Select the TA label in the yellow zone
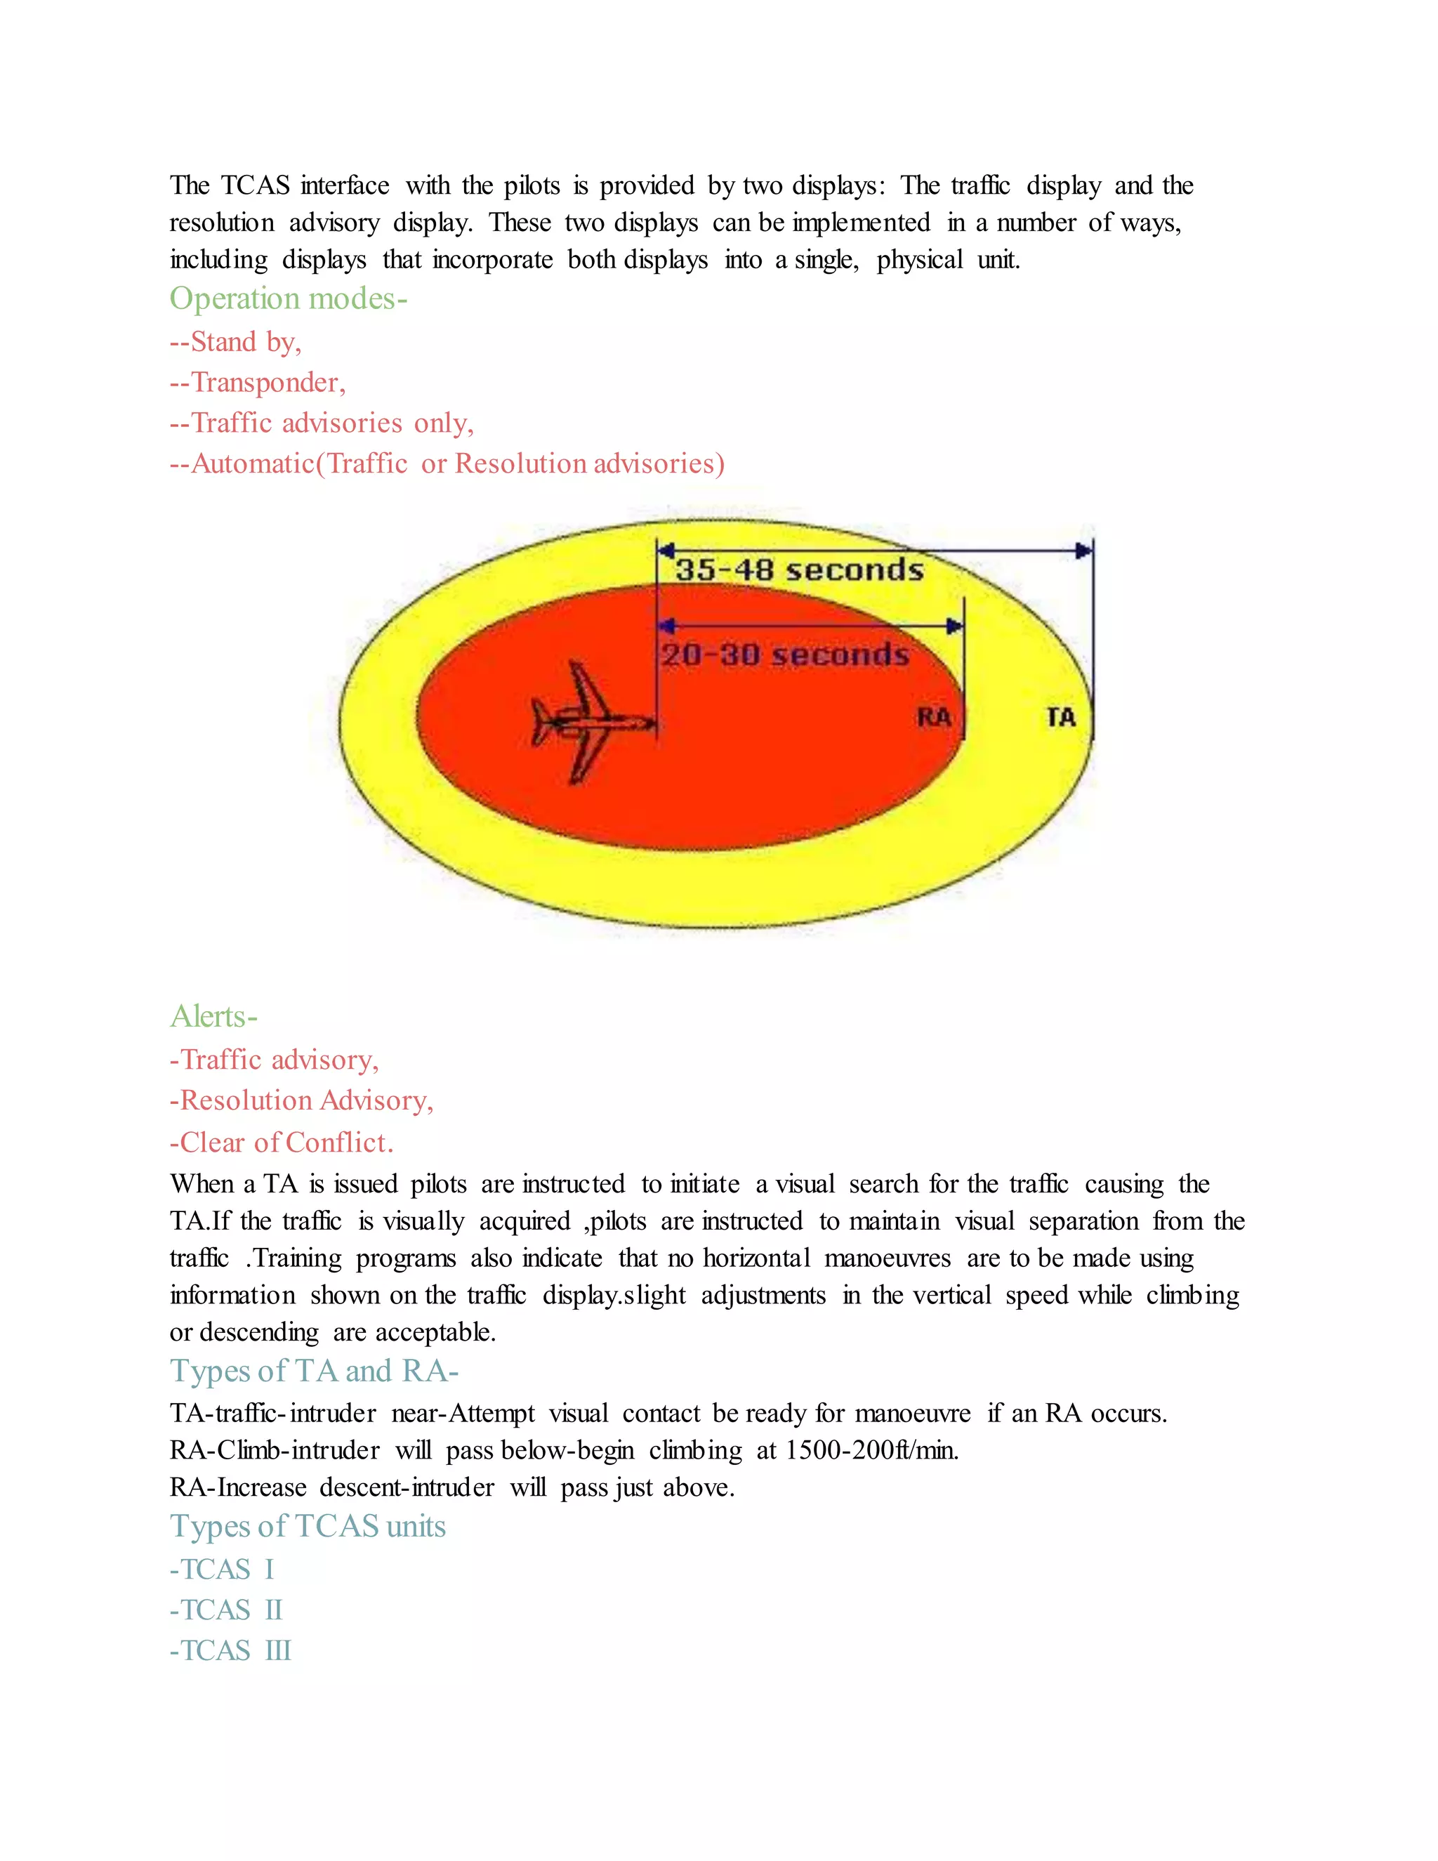[x=1061, y=718]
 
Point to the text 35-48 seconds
[x=799, y=570]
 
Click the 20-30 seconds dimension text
[x=786, y=655]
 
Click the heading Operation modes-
[x=288, y=298]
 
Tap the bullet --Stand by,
[x=235, y=342]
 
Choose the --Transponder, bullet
[x=257, y=383]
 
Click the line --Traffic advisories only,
[x=321, y=423]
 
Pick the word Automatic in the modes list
[x=252, y=463]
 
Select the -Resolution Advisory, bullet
[x=301, y=1101]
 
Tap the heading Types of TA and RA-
[x=313, y=1371]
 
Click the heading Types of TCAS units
[x=308, y=1526]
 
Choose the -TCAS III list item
[x=230, y=1650]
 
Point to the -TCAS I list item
[x=221, y=1570]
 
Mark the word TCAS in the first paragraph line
[x=255, y=186]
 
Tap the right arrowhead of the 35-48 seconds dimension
[x=1083, y=551]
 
